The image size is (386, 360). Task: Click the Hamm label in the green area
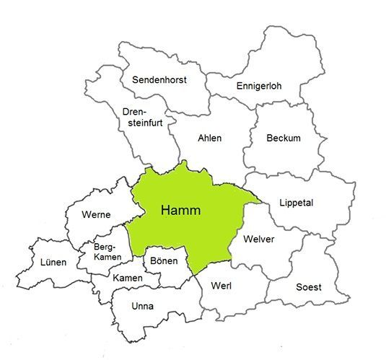coord(180,211)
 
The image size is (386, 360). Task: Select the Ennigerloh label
coord(259,87)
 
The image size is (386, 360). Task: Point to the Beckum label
coord(283,138)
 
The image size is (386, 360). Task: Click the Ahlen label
coord(210,138)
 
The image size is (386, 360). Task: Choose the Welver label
coord(259,240)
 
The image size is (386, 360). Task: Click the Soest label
coord(309,286)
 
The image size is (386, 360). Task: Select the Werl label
coord(221,285)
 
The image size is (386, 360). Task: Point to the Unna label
coord(143,306)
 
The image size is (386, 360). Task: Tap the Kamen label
coord(127,277)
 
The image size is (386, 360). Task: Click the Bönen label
coord(163,260)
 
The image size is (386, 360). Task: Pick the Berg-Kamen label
coord(108,253)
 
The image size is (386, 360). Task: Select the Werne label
coord(96,214)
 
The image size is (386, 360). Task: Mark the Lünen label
coord(53,263)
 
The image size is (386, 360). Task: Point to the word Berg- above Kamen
coord(108,247)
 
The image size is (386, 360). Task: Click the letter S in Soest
coord(299,286)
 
